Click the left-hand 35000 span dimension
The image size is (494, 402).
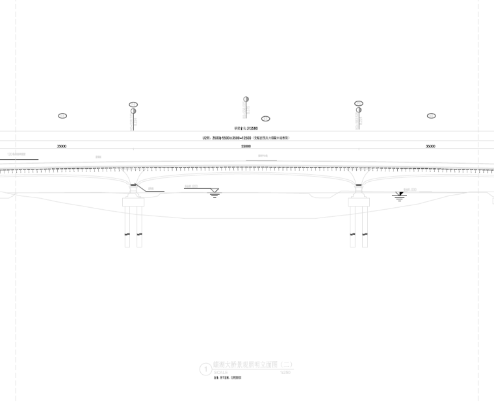[x=62, y=147]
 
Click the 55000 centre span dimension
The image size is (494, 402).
[x=246, y=147]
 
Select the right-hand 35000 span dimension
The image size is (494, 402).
[x=430, y=147]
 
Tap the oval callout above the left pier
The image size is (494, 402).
[x=133, y=105]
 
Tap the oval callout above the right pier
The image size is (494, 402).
[x=359, y=104]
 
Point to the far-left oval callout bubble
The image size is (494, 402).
[x=62, y=116]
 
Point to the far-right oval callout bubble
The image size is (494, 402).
[x=431, y=116]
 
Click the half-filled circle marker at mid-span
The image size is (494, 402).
[x=246, y=99]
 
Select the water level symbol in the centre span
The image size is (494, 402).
[x=214, y=194]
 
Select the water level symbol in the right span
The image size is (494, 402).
[x=400, y=195]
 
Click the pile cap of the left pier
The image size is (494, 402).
[x=134, y=201]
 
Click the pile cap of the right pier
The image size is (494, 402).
[x=359, y=201]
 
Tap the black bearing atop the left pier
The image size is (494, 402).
[x=134, y=186]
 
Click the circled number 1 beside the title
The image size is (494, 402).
[x=206, y=370]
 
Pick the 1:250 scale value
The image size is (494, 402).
[x=284, y=373]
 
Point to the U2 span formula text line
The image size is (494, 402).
[x=246, y=138]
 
